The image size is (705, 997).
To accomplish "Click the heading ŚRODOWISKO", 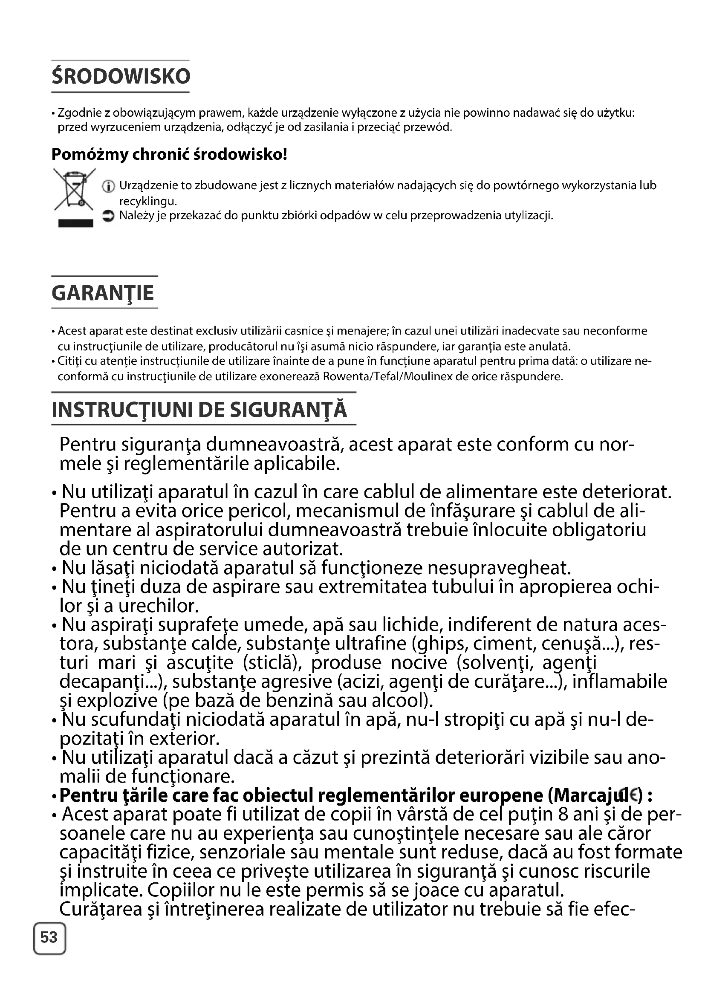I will tap(121, 76).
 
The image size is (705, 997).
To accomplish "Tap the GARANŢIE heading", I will tap(103, 293).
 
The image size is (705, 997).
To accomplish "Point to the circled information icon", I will tap(108, 187).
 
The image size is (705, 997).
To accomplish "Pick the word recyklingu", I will tap(148, 202).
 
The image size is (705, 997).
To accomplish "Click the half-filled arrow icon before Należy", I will tap(108, 216).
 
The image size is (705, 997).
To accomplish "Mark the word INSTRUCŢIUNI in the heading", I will tap(122, 410).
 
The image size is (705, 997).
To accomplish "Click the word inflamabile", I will tap(620, 681).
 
